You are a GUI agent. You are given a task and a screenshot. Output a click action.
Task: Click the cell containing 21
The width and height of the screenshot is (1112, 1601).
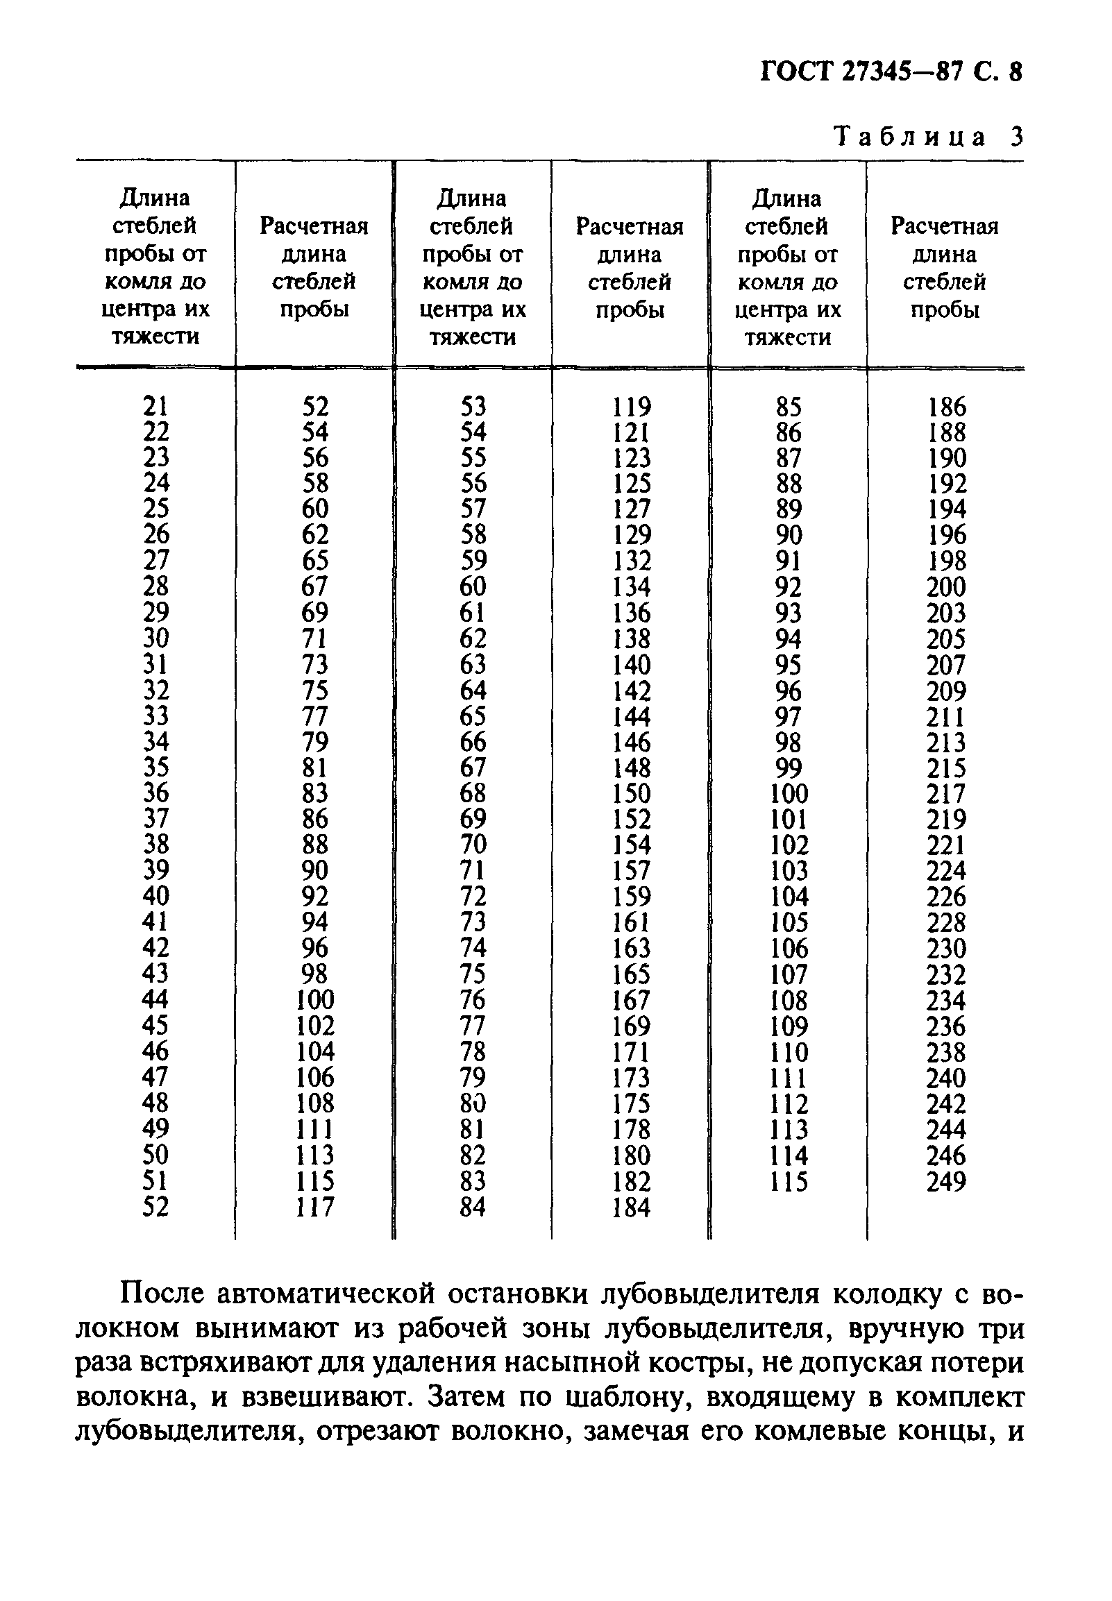point(155,406)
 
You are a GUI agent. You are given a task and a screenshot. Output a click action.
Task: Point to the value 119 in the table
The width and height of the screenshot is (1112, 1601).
point(631,407)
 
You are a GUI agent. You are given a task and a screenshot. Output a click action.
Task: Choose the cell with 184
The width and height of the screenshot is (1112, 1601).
point(631,1208)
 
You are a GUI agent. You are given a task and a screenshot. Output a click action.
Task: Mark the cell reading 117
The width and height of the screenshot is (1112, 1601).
point(314,1208)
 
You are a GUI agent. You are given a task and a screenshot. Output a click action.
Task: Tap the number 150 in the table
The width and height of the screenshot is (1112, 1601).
point(631,793)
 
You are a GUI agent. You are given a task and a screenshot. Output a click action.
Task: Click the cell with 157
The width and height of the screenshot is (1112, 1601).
point(631,871)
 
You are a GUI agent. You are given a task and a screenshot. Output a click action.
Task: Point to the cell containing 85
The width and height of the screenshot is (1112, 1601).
point(789,407)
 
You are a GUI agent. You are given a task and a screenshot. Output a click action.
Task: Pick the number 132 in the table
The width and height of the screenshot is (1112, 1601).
point(631,561)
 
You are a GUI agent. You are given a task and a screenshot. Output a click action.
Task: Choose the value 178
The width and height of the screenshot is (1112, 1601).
point(631,1130)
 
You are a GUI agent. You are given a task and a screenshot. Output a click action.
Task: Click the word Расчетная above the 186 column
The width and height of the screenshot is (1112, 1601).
point(945,226)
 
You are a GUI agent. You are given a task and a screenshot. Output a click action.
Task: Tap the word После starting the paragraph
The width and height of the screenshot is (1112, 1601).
point(162,1294)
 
